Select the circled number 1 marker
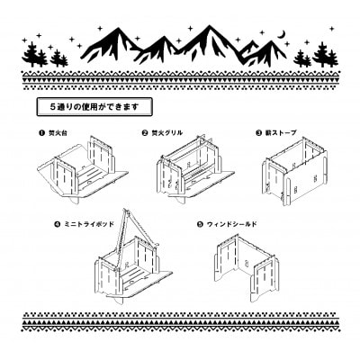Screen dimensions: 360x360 pyautogui.click(x=40, y=132)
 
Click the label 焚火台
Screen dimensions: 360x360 pyautogui.click(x=57, y=132)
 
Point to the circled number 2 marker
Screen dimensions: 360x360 pyautogui.click(x=145, y=132)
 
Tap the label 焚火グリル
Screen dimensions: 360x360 pyautogui.click(x=168, y=132)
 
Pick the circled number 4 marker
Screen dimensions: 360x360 pyautogui.click(x=57, y=220)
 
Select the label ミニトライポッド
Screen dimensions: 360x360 pyautogui.click(x=87, y=220)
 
